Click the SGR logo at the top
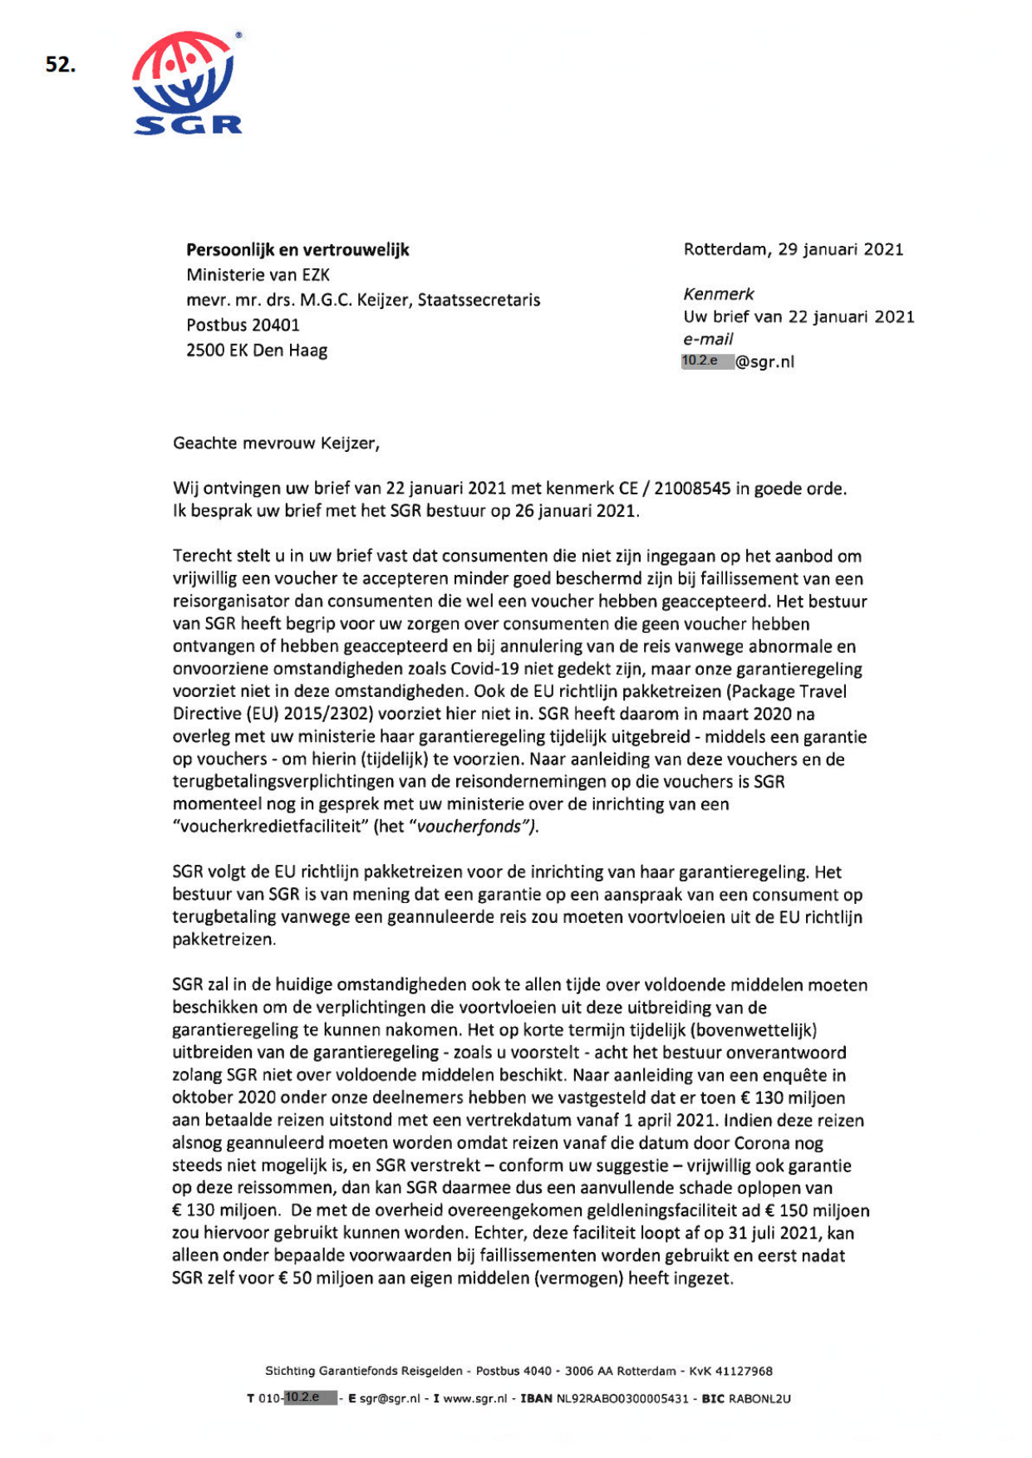(x=187, y=83)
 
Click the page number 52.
(x=60, y=65)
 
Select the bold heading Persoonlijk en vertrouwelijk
(x=297, y=250)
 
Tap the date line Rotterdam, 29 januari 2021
(x=793, y=249)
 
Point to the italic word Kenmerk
(x=718, y=294)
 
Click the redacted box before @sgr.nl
(x=707, y=361)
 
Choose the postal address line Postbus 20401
(x=243, y=325)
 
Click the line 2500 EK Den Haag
(x=256, y=350)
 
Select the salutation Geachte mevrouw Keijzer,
(x=276, y=443)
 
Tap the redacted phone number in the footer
(x=310, y=1397)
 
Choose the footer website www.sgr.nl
(x=474, y=1398)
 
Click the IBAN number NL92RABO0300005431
(x=622, y=1398)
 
